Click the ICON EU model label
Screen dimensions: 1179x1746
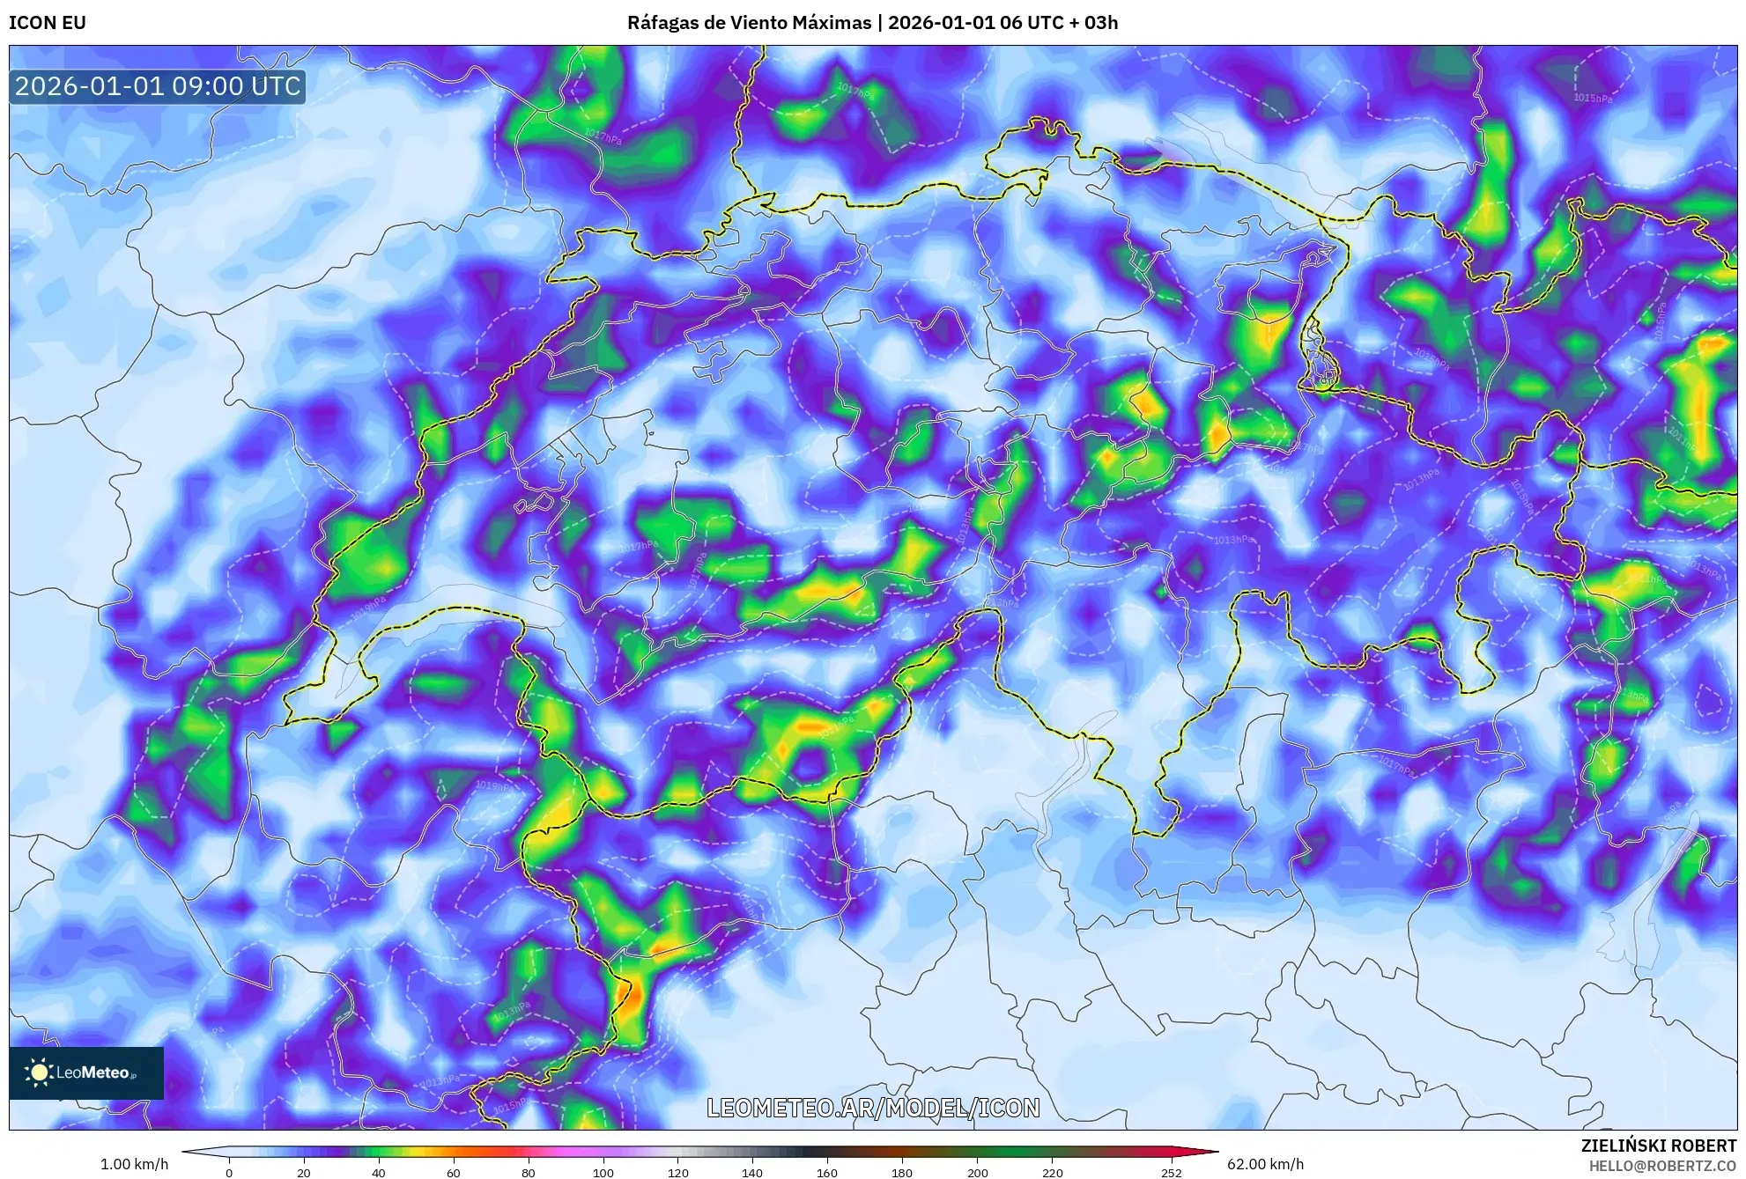click(48, 23)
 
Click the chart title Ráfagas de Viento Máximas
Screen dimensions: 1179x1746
click(749, 23)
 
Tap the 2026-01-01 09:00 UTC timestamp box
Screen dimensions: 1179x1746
click(158, 86)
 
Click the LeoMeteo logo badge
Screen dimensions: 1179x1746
click(86, 1072)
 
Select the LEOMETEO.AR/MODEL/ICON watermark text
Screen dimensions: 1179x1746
click(873, 1108)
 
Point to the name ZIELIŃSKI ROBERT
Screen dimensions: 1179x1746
click(1658, 1146)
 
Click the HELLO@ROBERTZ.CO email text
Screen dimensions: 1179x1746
click(1661, 1166)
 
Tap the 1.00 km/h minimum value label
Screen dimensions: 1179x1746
click(134, 1164)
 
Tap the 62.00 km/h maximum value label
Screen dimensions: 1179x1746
click(1265, 1164)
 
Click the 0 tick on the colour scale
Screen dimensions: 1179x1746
click(229, 1172)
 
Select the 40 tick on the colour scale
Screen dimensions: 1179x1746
click(379, 1172)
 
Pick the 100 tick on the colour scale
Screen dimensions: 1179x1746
click(603, 1172)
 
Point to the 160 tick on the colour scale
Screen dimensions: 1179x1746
click(827, 1172)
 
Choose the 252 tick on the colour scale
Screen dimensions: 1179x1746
click(1171, 1172)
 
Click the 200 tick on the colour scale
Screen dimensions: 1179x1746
click(977, 1172)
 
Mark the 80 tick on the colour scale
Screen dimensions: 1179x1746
click(529, 1172)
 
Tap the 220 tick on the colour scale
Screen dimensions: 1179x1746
click(1052, 1172)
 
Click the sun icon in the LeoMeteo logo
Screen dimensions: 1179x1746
click(39, 1072)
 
